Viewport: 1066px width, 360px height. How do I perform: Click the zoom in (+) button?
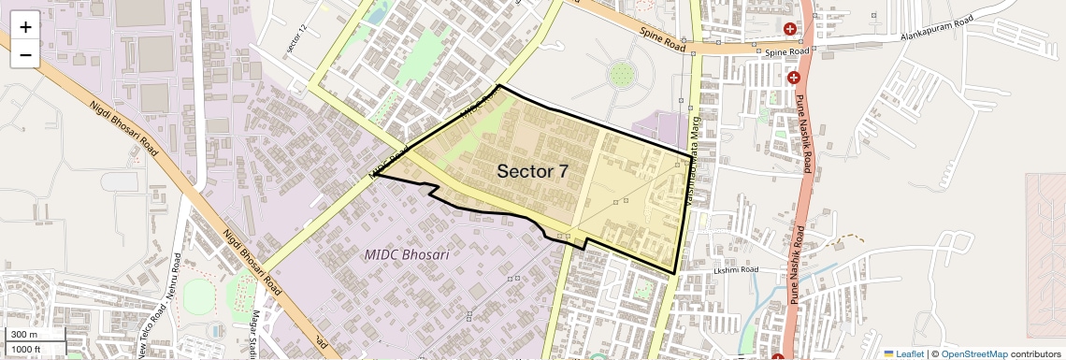click(x=25, y=26)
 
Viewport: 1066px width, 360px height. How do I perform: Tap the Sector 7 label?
click(x=532, y=171)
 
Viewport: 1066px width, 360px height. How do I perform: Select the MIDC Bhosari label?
click(x=407, y=254)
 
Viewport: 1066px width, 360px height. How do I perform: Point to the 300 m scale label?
click(x=24, y=335)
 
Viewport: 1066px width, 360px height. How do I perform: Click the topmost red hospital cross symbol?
click(x=790, y=29)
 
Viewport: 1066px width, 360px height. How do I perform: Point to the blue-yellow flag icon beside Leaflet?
click(x=888, y=353)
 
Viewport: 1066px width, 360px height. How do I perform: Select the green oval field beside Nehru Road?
click(x=198, y=297)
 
